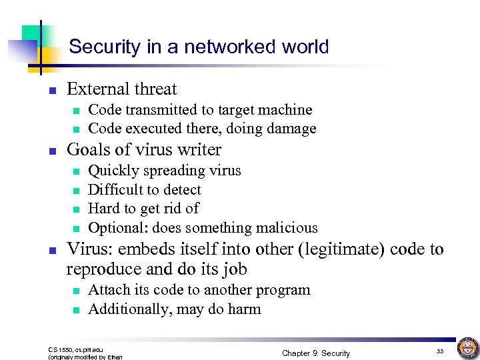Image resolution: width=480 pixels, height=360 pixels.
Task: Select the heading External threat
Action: tap(122, 89)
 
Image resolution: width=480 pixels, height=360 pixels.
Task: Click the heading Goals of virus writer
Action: tap(144, 149)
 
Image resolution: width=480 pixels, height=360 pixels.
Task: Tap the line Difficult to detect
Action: tap(144, 189)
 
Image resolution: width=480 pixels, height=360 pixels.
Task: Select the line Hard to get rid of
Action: tap(143, 209)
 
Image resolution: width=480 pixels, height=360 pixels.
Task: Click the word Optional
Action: tap(117, 227)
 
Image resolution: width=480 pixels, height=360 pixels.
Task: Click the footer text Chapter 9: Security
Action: tap(315, 353)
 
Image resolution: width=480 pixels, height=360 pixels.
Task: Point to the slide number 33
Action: tap(439, 351)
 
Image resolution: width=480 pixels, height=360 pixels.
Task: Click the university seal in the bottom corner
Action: tap(466, 348)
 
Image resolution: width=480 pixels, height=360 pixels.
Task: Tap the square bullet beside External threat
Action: tap(52, 90)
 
